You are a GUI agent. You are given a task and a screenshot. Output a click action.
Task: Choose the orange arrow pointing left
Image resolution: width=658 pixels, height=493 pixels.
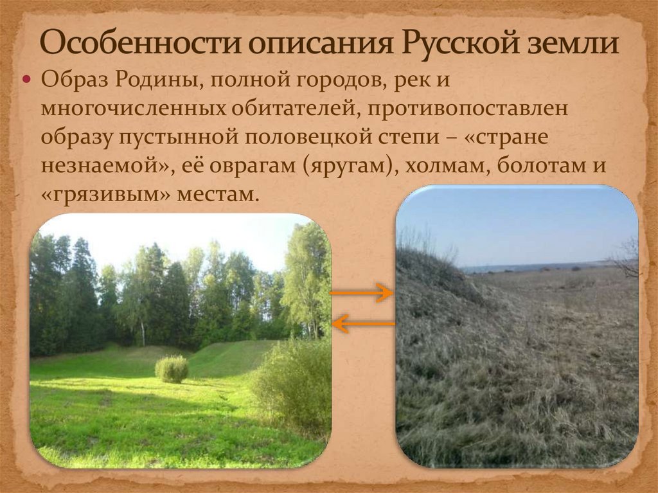tap(364, 323)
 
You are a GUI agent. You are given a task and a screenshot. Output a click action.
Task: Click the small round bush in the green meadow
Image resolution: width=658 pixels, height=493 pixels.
tap(172, 370)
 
